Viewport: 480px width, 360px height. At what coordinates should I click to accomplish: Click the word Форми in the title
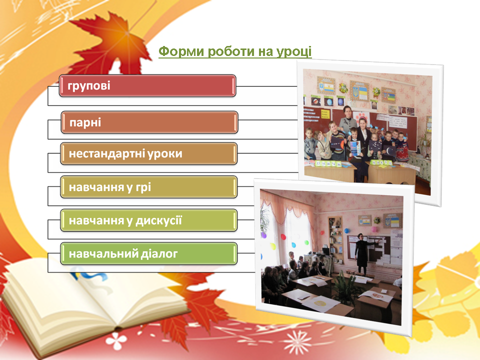click(181, 51)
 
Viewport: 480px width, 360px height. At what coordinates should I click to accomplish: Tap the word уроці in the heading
click(294, 51)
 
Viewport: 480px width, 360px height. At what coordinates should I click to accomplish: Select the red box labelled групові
click(147, 85)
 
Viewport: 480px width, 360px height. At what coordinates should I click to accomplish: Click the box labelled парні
click(149, 122)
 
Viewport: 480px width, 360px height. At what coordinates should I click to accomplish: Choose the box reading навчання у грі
click(149, 187)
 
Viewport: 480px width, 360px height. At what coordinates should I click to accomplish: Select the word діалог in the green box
click(159, 254)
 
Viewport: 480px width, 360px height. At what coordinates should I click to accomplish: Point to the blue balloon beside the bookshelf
click(346, 230)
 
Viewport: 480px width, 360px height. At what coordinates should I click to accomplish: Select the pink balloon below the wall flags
click(374, 229)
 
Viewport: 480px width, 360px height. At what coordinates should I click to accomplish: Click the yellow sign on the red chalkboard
click(325, 114)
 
